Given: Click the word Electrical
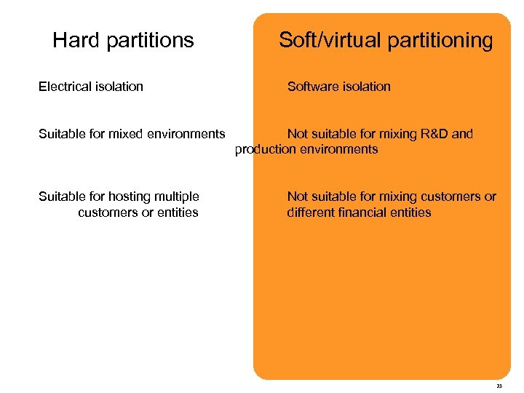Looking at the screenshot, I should click(x=66, y=87).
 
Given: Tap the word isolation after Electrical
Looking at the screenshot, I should click(x=120, y=87).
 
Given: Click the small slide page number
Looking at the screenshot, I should click(x=499, y=386).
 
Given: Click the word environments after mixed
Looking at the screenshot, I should click(x=183, y=134).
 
